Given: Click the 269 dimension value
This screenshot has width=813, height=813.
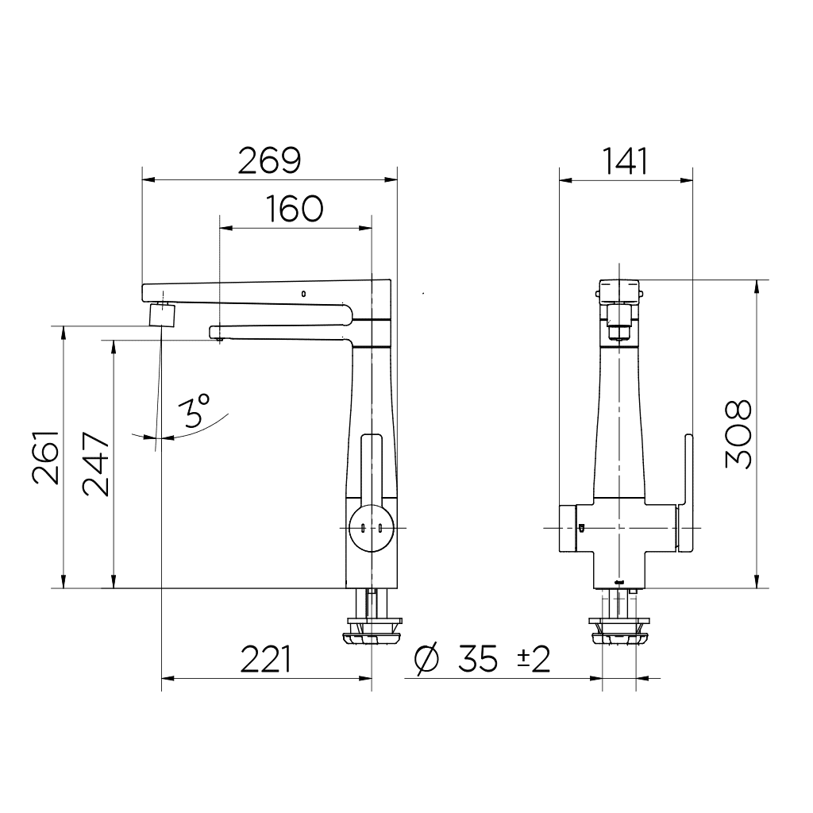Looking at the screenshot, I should pyautogui.click(x=270, y=161).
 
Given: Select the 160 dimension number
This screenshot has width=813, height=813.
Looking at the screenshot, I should pyautogui.click(x=295, y=209).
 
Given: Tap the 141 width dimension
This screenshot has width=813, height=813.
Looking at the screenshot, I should pyautogui.click(x=626, y=161).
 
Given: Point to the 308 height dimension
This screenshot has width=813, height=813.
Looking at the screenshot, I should pyautogui.click(x=738, y=434).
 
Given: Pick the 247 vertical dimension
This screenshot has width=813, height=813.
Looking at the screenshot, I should pyautogui.click(x=97, y=464).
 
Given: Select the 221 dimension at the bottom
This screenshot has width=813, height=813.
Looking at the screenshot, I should pyautogui.click(x=266, y=659).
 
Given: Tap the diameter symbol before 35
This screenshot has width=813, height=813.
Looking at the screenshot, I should pyautogui.click(x=427, y=659).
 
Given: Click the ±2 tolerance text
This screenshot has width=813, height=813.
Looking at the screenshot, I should pyautogui.click(x=534, y=659).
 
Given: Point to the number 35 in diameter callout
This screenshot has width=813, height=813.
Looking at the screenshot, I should pyautogui.click(x=478, y=659).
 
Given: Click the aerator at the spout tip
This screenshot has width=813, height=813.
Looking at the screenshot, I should pyautogui.click(x=162, y=315).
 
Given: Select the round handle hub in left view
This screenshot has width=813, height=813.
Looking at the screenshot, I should pyautogui.click(x=370, y=528).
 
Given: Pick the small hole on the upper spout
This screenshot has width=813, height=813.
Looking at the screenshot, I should pyautogui.click(x=303, y=295).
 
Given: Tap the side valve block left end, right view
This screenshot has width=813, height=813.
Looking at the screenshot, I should pyautogui.click(x=567, y=528).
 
